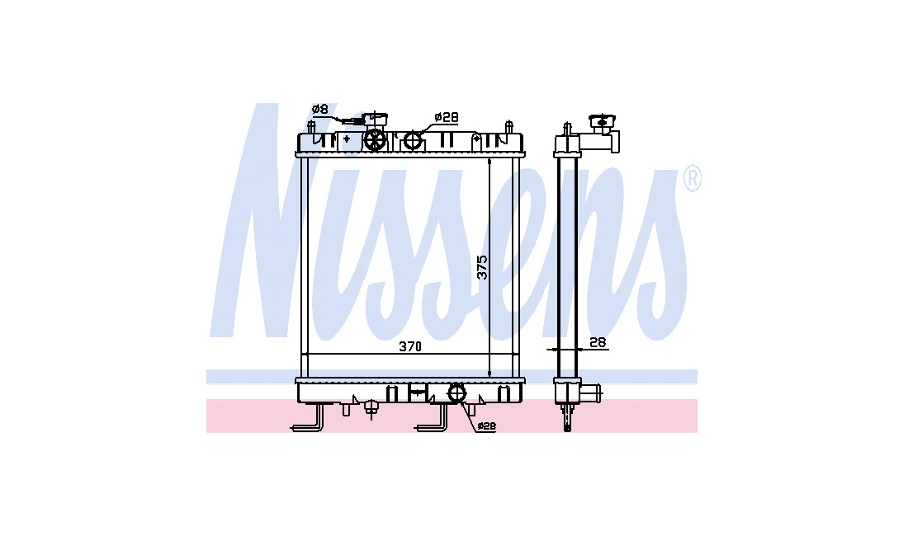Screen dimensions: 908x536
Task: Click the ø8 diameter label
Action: (x=319, y=110)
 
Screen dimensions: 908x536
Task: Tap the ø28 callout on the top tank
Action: (x=447, y=117)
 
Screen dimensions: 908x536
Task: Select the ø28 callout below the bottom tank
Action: (x=486, y=426)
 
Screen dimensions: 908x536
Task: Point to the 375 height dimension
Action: (x=482, y=267)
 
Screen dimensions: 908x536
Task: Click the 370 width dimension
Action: (x=410, y=347)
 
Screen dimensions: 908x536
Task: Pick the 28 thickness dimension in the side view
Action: (x=598, y=342)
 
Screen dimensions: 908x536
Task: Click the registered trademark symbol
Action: (x=693, y=179)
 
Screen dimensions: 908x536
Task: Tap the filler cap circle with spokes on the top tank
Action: (x=376, y=140)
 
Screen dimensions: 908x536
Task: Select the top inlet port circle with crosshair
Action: (x=413, y=140)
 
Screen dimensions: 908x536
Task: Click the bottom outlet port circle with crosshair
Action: (x=457, y=393)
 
